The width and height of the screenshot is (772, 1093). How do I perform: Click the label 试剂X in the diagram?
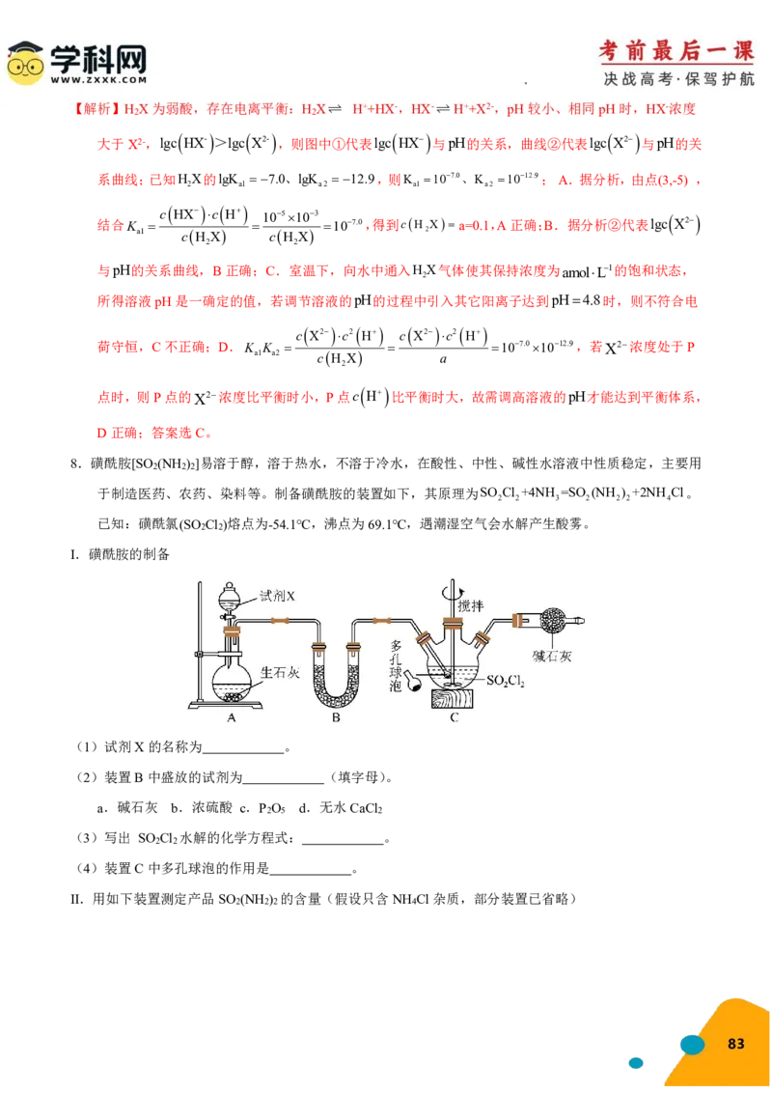tap(276, 597)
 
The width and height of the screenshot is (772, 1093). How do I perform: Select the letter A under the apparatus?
tap(231, 717)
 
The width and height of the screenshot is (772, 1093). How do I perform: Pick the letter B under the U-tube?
tap(336, 717)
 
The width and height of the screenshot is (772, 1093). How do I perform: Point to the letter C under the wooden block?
tap(454, 717)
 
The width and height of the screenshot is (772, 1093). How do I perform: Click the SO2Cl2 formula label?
tap(511, 682)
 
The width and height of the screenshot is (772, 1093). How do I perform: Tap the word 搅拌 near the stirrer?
tap(472, 605)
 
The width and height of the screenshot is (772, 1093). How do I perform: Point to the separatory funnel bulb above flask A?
tap(229, 595)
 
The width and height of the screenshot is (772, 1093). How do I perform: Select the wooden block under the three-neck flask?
tap(454, 698)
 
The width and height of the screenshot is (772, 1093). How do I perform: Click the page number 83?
tap(736, 1044)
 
